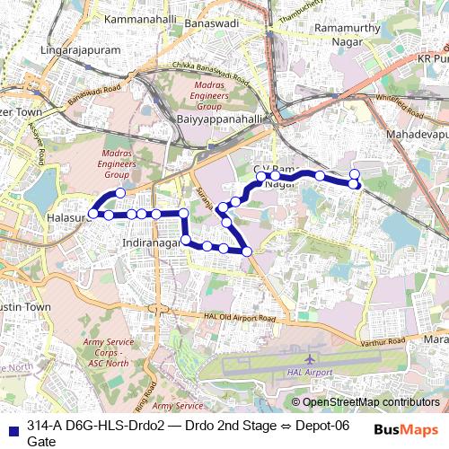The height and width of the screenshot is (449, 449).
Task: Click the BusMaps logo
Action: pyautogui.click(x=406, y=429)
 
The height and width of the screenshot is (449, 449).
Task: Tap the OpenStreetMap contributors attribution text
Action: pyautogui.click(x=371, y=402)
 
